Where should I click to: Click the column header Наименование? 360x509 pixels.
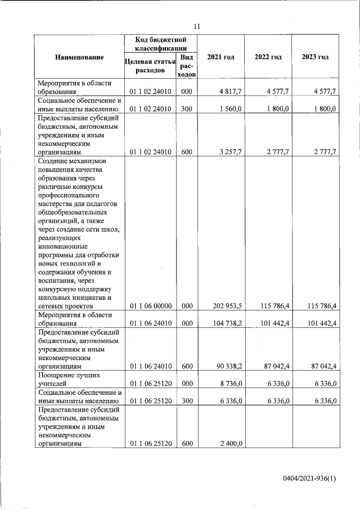pos(80,57)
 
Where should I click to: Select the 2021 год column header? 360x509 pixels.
pos(220,57)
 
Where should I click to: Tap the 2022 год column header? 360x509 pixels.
pos(268,57)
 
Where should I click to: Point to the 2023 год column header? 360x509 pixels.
pos(316,57)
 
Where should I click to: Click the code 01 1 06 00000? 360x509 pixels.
pos(150,306)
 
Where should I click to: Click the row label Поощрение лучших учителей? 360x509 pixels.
pos(62,379)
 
